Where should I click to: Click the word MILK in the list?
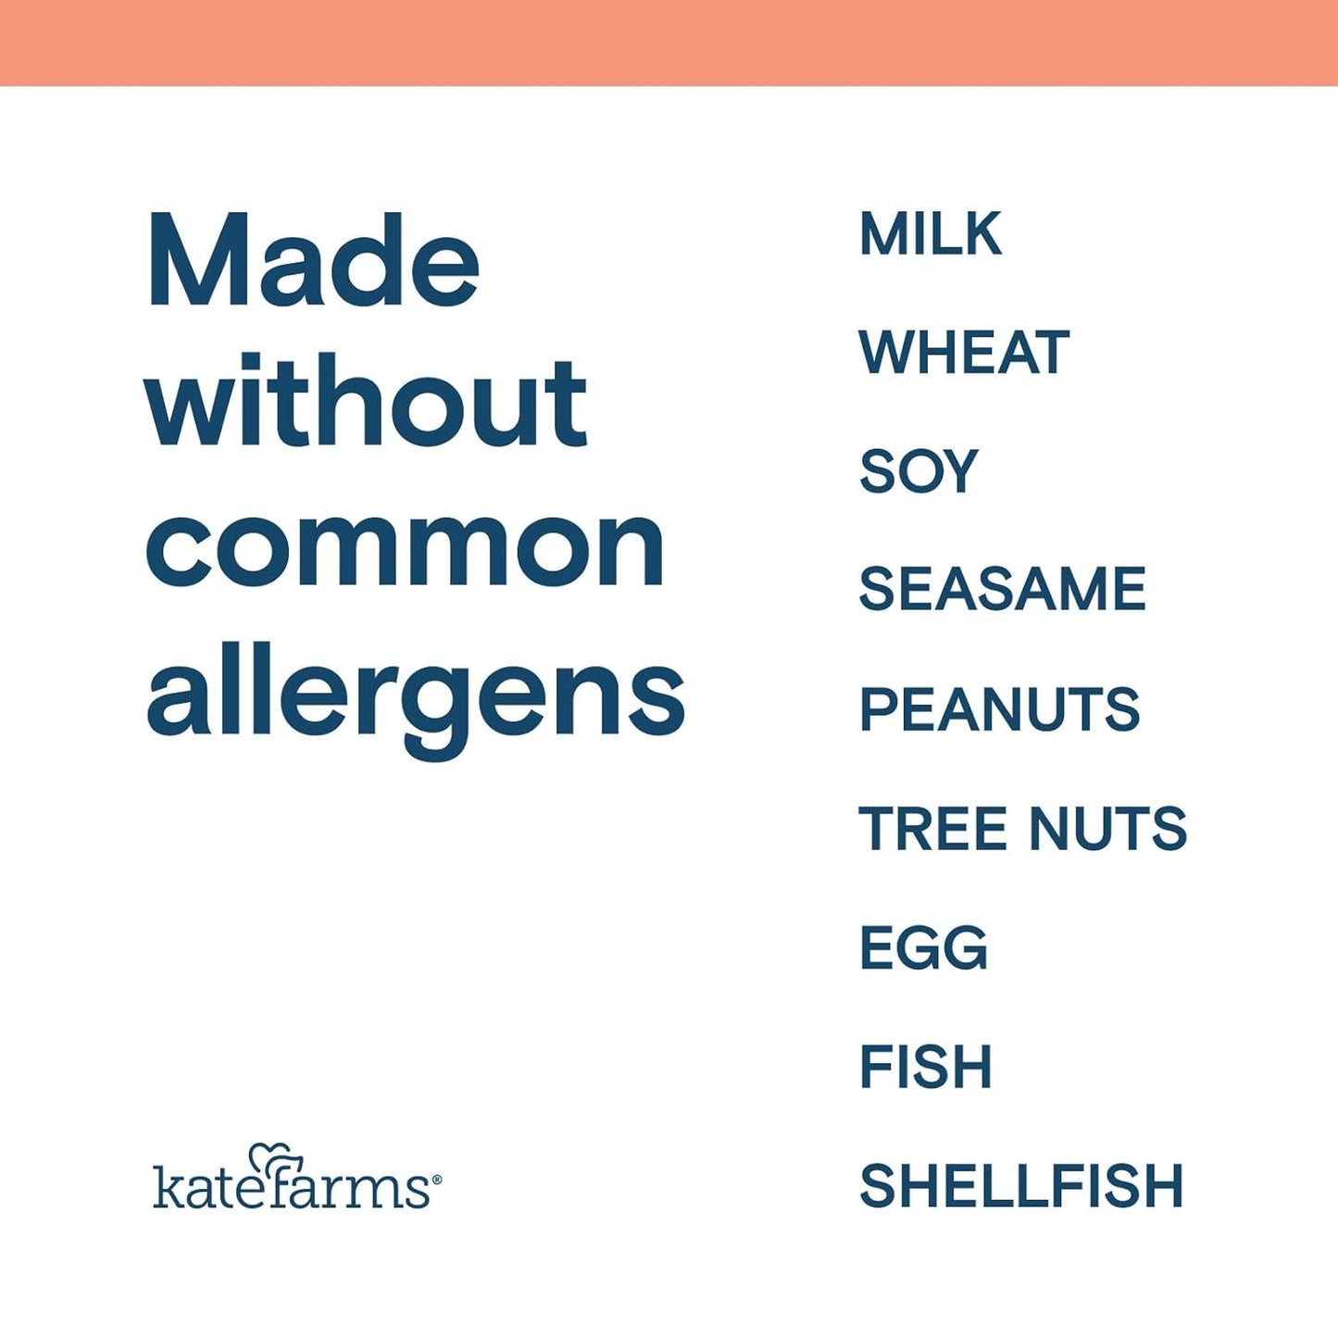(x=931, y=234)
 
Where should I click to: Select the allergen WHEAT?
(x=964, y=353)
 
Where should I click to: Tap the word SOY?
(x=918, y=471)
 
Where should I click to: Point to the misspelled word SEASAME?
(x=1002, y=590)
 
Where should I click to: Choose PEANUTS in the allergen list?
(x=999, y=709)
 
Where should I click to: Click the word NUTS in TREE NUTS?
(x=1107, y=828)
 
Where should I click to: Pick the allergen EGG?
(x=923, y=948)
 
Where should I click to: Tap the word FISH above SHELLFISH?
(x=925, y=1067)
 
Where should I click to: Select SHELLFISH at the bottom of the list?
(x=1021, y=1186)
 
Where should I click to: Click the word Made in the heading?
(x=313, y=261)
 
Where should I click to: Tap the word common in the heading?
(x=405, y=548)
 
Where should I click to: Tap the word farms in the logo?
(x=352, y=1188)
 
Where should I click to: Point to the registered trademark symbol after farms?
(x=436, y=1180)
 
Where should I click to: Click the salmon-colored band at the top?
(x=669, y=42)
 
